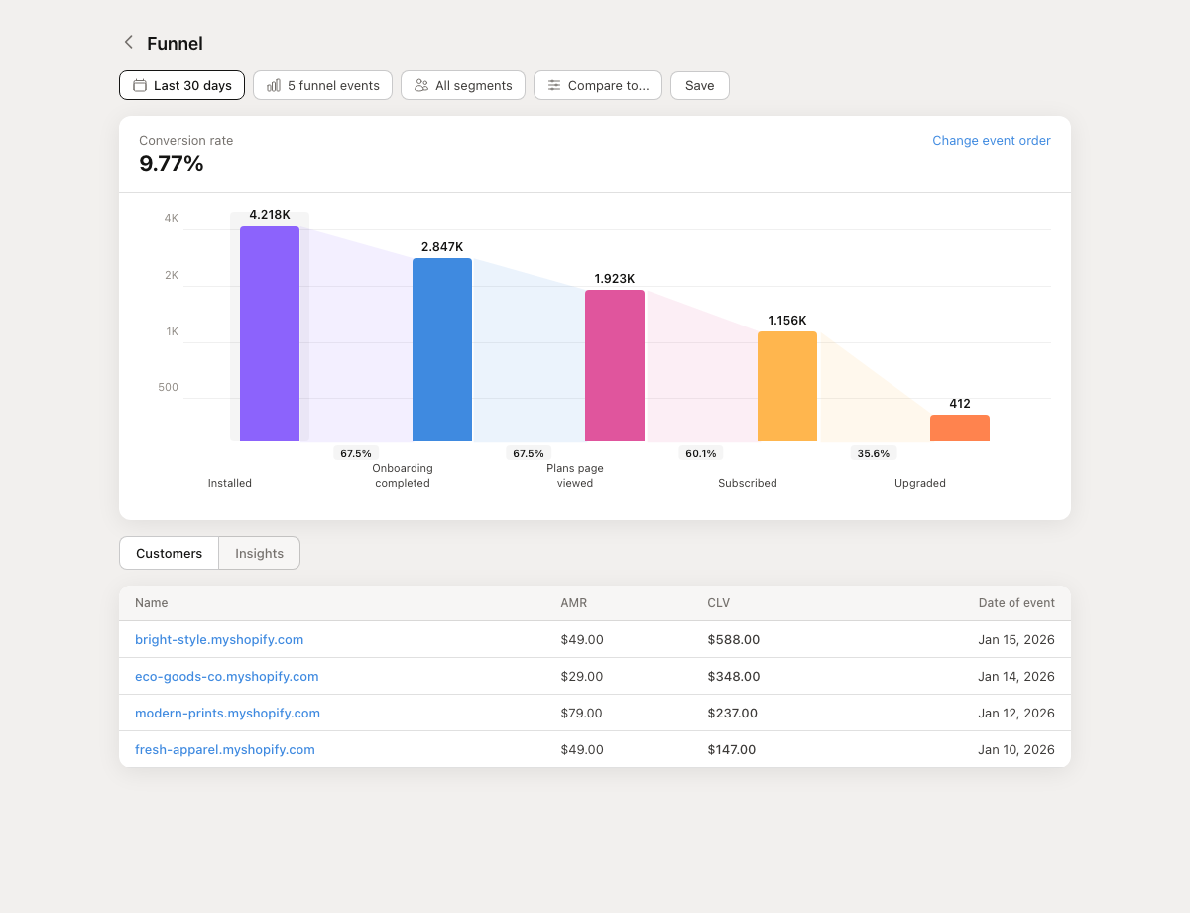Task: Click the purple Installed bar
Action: pyautogui.click(x=270, y=333)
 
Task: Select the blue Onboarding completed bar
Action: pyautogui.click(x=442, y=349)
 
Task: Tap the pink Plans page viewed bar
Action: pyautogui.click(x=615, y=365)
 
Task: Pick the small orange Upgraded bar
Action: pyautogui.click(x=960, y=428)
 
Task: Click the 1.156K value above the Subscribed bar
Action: pyautogui.click(x=787, y=321)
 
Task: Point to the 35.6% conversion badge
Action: pyautogui.click(x=874, y=453)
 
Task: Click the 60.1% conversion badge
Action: pyautogui.click(x=701, y=453)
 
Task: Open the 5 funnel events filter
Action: pyautogui.click(x=323, y=85)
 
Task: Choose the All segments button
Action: pyautogui.click(x=463, y=85)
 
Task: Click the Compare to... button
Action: pyautogui.click(x=598, y=85)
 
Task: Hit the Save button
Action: pyautogui.click(x=700, y=85)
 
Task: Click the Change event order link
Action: pyautogui.click(x=992, y=141)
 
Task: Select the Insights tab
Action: pyautogui.click(x=260, y=553)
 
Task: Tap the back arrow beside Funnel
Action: pyautogui.click(x=128, y=42)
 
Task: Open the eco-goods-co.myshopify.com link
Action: pyautogui.click(x=227, y=676)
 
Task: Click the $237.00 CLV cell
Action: pyautogui.click(x=733, y=713)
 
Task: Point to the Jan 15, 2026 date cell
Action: pyautogui.click(x=1016, y=639)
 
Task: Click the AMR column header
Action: pyautogui.click(x=574, y=602)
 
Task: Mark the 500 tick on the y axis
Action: pyautogui.click(x=168, y=387)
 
